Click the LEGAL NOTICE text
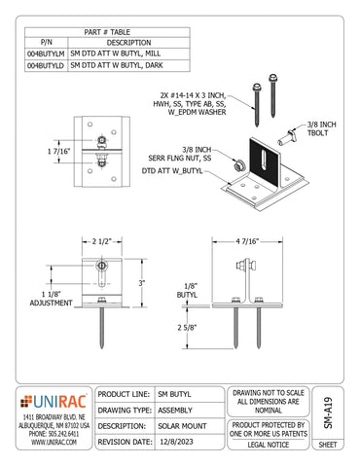264,443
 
